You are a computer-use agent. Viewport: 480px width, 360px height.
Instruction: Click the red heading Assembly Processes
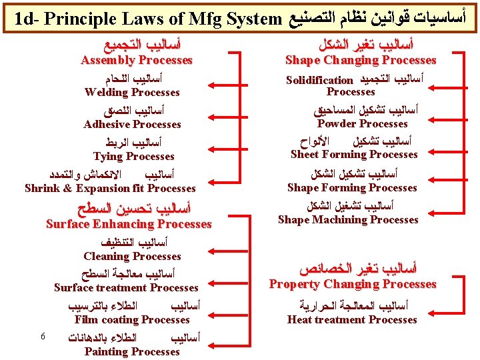(x=136, y=61)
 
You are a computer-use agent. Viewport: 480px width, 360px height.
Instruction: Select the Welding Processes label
(x=132, y=93)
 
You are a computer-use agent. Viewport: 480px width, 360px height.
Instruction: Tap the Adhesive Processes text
(x=132, y=125)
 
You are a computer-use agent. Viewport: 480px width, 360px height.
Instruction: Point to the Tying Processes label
(x=133, y=157)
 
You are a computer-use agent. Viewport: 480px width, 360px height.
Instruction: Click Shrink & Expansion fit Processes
(x=110, y=189)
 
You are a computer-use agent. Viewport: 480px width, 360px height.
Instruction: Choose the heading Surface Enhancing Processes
(x=128, y=225)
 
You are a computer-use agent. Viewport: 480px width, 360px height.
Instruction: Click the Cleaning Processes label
(x=132, y=257)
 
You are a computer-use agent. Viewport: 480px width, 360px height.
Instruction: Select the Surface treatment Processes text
(x=126, y=288)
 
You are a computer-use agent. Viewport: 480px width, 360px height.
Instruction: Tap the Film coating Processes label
(x=132, y=320)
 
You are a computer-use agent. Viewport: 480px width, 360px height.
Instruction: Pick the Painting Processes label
(x=132, y=351)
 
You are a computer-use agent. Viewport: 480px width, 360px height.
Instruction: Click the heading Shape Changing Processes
(x=361, y=61)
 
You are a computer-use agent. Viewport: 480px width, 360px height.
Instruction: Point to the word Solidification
(x=319, y=81)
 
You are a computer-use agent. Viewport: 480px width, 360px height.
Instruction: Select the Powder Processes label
(x=363, y=124)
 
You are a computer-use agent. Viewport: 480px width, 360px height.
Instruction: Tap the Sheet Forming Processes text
(x=354, y=155)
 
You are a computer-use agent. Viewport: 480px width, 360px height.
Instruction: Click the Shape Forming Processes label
(x=352, y=188)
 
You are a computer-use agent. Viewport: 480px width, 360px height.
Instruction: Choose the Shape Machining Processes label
(x=348, y=220)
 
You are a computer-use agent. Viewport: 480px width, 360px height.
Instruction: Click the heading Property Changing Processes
(x=353, y=285)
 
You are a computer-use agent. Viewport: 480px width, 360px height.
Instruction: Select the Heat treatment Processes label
(x=352, y=320)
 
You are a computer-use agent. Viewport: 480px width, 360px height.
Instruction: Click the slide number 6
(x=42, y=336)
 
